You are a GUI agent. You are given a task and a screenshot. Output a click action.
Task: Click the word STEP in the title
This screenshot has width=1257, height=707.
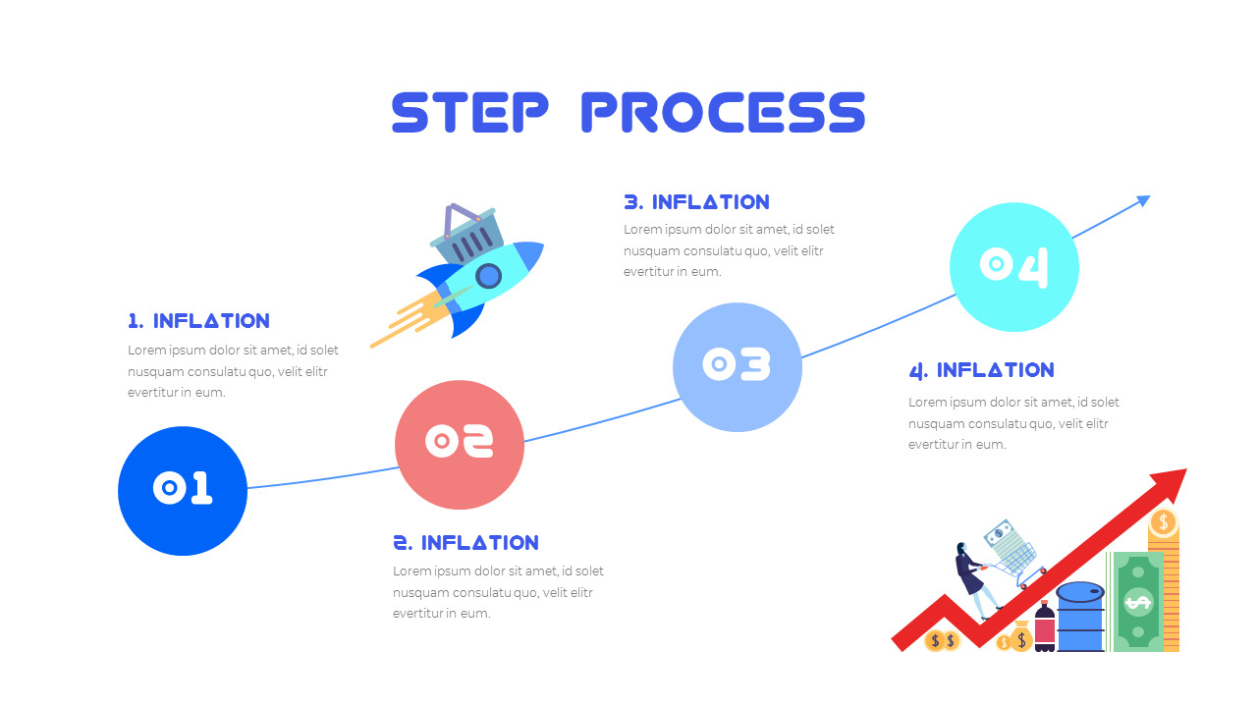pos(469,112)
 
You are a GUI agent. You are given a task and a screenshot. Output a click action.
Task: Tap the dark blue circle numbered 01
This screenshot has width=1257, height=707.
pos(183,490)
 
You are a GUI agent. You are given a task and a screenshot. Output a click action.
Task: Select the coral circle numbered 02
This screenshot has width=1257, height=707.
pos(460,444)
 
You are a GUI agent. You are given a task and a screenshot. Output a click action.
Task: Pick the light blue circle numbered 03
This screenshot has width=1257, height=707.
pos(738,366)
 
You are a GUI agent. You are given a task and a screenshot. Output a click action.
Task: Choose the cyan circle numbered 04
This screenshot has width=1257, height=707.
pos(1014,266)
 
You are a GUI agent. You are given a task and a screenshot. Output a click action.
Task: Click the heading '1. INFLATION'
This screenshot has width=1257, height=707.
pos(198,321)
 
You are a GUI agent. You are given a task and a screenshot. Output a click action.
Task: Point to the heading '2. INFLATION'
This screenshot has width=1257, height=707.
pos(466,543)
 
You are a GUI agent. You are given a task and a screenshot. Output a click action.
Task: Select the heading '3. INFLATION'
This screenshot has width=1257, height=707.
pos(697,202)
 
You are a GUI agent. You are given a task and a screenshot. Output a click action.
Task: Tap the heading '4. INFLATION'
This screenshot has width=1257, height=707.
pos(981,370)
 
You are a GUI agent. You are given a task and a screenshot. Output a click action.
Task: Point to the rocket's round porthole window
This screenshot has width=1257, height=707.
pos(488,276)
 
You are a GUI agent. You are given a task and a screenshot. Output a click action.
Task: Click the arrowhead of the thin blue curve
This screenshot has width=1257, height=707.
pos(1143,200)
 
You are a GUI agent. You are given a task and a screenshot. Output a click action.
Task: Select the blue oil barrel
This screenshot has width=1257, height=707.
pos(1080,617)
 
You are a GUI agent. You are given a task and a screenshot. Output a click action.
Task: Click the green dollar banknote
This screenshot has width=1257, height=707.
pos(1137,601)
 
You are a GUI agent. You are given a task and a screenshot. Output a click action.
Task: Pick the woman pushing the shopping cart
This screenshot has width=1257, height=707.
pos(972,579)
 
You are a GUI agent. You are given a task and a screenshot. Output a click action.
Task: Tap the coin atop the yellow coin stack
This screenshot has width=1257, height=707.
pos(1163,521)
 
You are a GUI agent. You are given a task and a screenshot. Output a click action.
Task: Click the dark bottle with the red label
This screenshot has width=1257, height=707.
pos(1044,628)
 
